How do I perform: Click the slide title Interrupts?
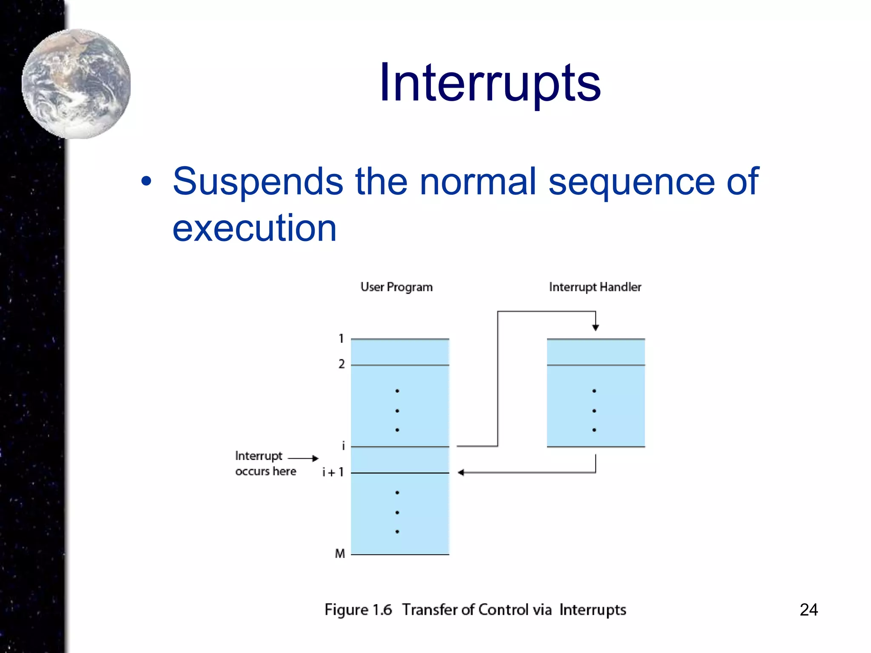490,83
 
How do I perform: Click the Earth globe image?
76,84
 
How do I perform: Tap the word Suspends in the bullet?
258,182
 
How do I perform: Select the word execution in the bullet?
254,228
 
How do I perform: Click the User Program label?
396,287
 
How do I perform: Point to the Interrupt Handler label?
595,287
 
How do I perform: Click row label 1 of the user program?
341,339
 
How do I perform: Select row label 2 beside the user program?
342,364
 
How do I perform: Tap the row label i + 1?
333,472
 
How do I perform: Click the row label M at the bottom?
340,554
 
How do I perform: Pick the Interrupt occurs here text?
265,463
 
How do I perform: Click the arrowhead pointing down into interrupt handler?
595,327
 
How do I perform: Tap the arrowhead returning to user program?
461,472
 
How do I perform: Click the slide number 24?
808,610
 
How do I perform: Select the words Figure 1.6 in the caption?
358,610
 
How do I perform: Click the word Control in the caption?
503,610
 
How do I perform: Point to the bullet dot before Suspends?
146,182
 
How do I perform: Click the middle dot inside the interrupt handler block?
594,411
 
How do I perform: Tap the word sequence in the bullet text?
631,182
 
